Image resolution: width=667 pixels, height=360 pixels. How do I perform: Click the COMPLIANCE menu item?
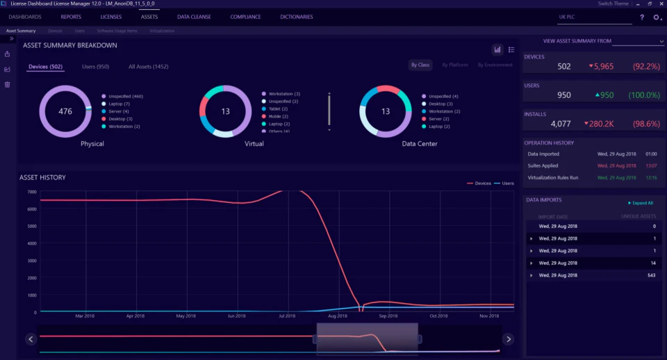pyautogui.click(x=245, y=17)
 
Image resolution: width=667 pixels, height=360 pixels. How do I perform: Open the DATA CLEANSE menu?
pyautogui.click(x=194, y=17)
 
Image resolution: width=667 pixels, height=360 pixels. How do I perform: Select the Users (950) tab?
pyautogui.click(x=95, y=67)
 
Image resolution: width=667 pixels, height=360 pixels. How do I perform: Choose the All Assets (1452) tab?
pyautogui.click(x=148, y=67)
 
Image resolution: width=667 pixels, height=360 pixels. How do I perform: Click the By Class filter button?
pyautogui.click(x=420, y=65)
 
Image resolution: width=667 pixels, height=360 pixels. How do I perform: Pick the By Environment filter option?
pyautogui.click(x=495, y=65)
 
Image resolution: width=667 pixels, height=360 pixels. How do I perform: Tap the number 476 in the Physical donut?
pyautogui.click(x=65, y=111)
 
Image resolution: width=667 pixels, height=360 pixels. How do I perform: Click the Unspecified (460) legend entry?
pyautogui.click(x=125, y=96)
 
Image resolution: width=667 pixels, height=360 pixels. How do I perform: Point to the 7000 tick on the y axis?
pyautogui.click(x=32, y=192)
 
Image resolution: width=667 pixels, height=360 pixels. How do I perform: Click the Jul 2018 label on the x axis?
pyautogui.click(x=286, y=316)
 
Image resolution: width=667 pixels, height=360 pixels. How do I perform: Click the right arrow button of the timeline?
pyautogui.click(x=508, y=339)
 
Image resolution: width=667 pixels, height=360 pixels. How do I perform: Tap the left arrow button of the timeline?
pyautogui.click(x=31, y=339)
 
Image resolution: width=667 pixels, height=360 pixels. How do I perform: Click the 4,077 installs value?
pyautogui.click(x=560, y=124)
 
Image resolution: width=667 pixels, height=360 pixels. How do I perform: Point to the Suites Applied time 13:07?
pyautogui.click(x=650, y=165)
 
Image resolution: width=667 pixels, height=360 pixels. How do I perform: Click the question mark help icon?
pyautogui.click(x=641, y=17)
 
